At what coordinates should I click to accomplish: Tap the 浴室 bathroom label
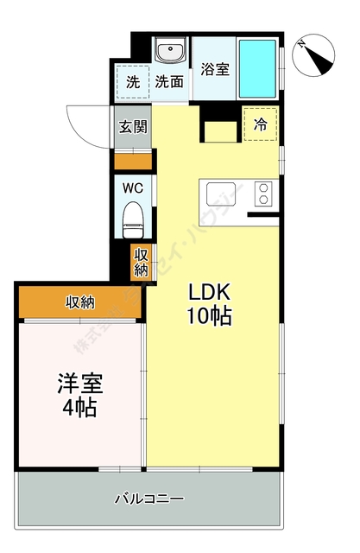[x=215, y=69]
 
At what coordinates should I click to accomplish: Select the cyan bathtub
[x=258, y=68]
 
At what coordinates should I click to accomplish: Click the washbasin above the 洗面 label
[x=170, y=53]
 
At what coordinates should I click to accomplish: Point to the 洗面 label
[x=170, y=83]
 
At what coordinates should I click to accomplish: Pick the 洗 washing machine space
[x=133, y=82]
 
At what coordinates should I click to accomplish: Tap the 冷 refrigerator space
[x=260, y=124]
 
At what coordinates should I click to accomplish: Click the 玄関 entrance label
[x=133, y=127]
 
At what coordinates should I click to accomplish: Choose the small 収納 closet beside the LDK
[x=141, y=262]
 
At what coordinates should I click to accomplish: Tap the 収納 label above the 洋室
[x=80, y=302]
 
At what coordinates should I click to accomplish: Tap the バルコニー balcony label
[x=149, y=499]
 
